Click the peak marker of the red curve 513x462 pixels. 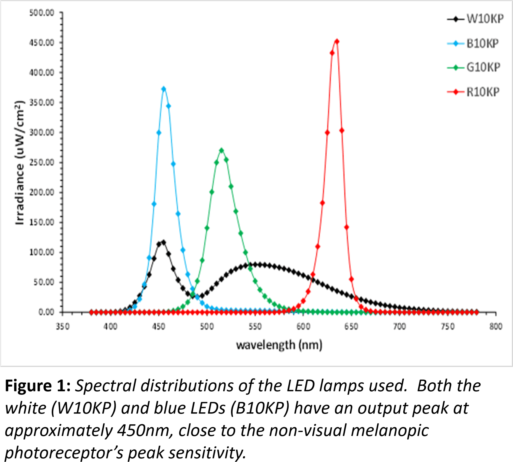[337, 41]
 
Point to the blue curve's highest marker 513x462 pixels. [164, 89]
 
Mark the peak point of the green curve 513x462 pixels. [221, 150]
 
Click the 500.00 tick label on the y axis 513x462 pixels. [42, 13]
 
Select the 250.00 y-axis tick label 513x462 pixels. [42, 163]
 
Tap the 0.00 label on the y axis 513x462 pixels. [46, 312]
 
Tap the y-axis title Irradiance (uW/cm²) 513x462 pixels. [20, 163]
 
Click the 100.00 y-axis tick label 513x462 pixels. [42, 252]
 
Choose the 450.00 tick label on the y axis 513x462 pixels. [42, 43]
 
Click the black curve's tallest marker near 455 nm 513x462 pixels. [163, 242]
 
